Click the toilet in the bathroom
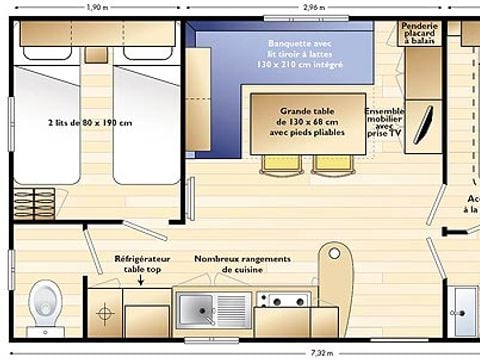tap(45, 302)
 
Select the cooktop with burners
tap(285, 300)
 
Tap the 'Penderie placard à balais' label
tap(419, 33)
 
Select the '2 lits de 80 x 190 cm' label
tap(90, 123)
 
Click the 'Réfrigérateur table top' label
tap(142, 263)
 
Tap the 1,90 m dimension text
tap(98, 7)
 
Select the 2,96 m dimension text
tap(313, 7)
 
